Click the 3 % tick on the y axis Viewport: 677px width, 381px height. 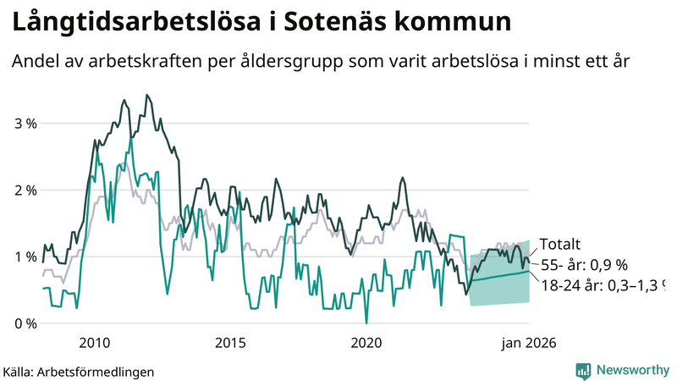[26, 124]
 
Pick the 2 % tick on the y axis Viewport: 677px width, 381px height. [26, 190]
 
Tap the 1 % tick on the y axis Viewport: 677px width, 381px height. [26, 257]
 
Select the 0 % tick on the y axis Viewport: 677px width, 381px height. [26, 323]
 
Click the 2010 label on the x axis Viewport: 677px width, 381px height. [94, 343]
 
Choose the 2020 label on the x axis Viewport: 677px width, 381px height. [366, 343]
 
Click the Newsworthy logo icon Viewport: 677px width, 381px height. [583, 370]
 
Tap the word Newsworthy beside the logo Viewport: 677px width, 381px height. [632, 370]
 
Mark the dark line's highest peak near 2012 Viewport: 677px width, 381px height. [147, 96]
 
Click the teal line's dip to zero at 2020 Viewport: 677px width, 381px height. [366, 323]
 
